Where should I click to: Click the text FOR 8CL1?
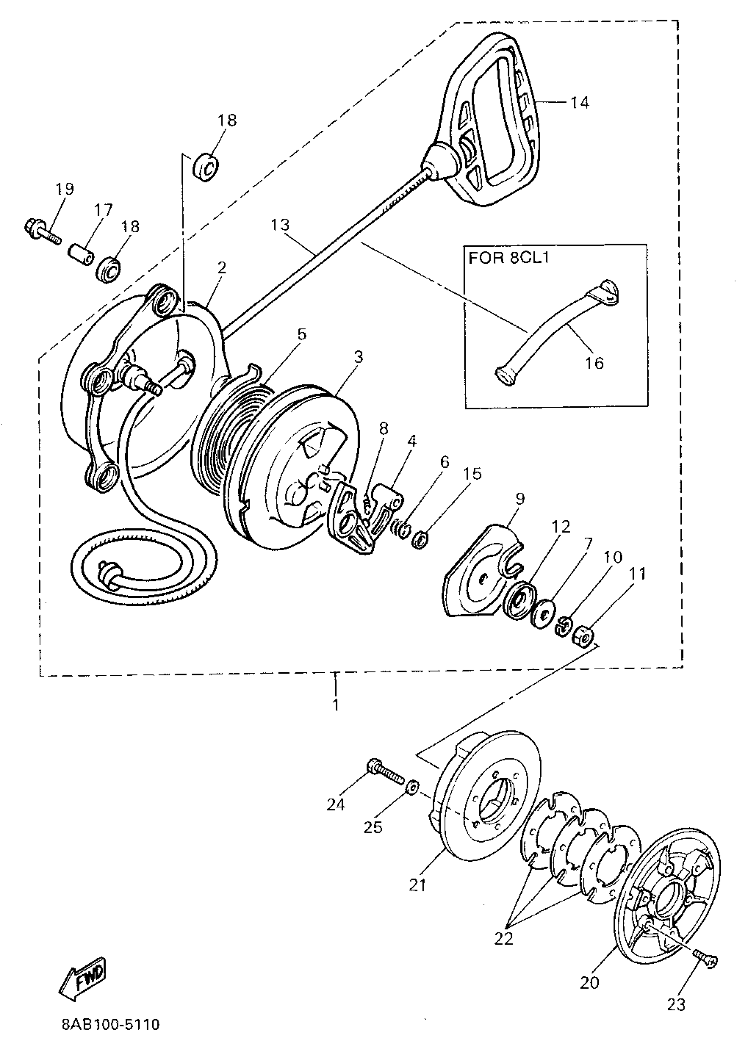[509, 258]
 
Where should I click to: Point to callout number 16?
[595, 363]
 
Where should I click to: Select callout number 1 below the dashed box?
[336, 704]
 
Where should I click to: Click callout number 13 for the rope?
[280, 225]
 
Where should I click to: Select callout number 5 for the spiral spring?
[301, 335]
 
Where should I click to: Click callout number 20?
[590, 982]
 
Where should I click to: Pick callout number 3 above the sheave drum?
[358, 356]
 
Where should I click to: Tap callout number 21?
[418, 885]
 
